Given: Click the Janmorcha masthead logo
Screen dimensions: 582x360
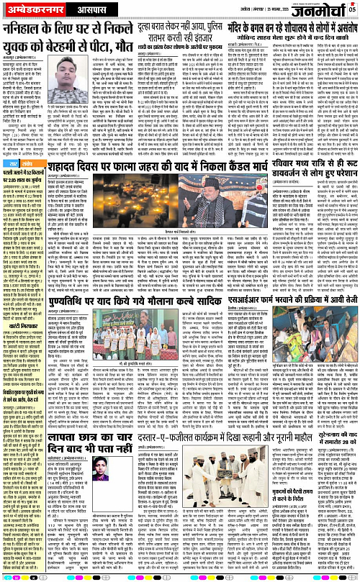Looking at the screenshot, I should (323, 10).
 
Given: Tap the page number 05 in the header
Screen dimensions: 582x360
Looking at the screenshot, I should (352, 9).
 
